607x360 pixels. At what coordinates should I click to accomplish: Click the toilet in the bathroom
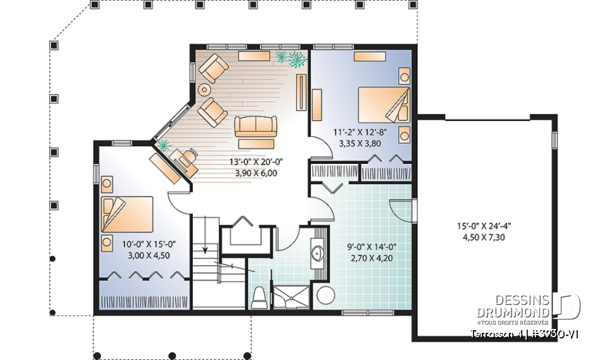(x=258, y=296)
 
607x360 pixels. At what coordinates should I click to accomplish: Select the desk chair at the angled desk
(x=185, y=159)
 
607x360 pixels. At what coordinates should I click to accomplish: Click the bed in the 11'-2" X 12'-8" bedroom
(x=383, y=104)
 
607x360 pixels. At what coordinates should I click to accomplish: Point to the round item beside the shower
(x=326, y=295)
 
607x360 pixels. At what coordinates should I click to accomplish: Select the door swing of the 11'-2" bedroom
(x=321, y=149)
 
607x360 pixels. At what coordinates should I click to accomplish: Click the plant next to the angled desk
(x=165, y=146)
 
